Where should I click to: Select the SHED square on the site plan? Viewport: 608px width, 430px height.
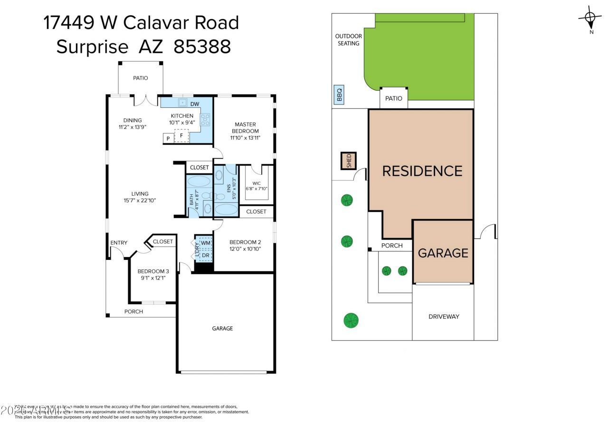(x=348, y=161)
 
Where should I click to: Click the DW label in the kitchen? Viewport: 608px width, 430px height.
(x=195, y=104)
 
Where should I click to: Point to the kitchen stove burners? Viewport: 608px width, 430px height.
(x=205, y=119)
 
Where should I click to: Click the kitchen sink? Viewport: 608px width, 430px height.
(x=182, y=103)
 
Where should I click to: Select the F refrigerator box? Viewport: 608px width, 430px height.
(x=181, y=136)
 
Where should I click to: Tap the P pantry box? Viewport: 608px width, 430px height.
(x=168, y=138)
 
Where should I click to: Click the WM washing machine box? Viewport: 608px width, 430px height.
(x=205, y=243)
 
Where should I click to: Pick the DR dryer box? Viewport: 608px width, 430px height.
(x=205, y=255)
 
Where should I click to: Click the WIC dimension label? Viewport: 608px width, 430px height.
(x=256, y=189)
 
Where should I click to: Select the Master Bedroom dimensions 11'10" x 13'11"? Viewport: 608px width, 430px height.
(x=245, y=138)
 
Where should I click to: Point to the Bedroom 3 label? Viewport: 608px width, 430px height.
(x=153, y=271)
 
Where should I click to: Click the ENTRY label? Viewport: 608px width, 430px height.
(x=119, y=243)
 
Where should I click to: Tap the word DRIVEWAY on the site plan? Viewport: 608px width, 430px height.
(x=444, y=316)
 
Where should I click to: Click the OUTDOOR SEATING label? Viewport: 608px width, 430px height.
(x=348, y=39)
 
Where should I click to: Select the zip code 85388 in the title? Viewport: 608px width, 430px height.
(x=202, y=47)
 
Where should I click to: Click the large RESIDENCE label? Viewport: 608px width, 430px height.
(x=422, y=171)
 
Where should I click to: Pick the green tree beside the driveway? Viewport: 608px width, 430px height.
(x=351, y=320)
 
